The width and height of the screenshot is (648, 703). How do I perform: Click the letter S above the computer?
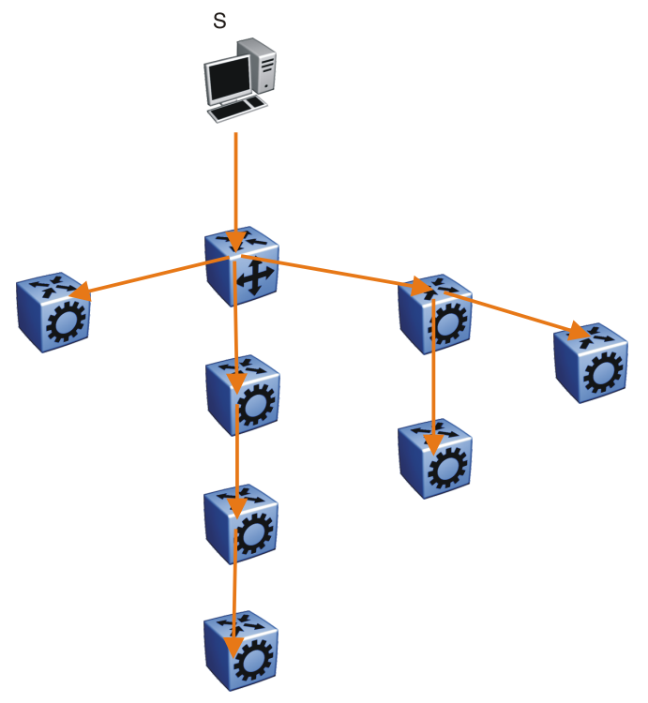[x=219, y=20]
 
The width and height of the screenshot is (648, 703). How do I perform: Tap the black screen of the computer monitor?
[x=229, y=79]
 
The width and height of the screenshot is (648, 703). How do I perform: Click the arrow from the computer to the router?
[x=236, y=187]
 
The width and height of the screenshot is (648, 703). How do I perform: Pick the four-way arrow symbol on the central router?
[x=254, y=279]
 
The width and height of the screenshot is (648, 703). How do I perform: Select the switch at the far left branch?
[x=53, y=314]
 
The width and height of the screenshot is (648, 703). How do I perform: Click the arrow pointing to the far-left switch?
[x=150, y=276]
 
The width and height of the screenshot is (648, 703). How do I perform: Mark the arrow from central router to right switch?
[x=328, y=269]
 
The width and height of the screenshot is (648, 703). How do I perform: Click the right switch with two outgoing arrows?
[x=434, y=316]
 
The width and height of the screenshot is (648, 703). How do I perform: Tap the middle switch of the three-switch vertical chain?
[x=241, y=523]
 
